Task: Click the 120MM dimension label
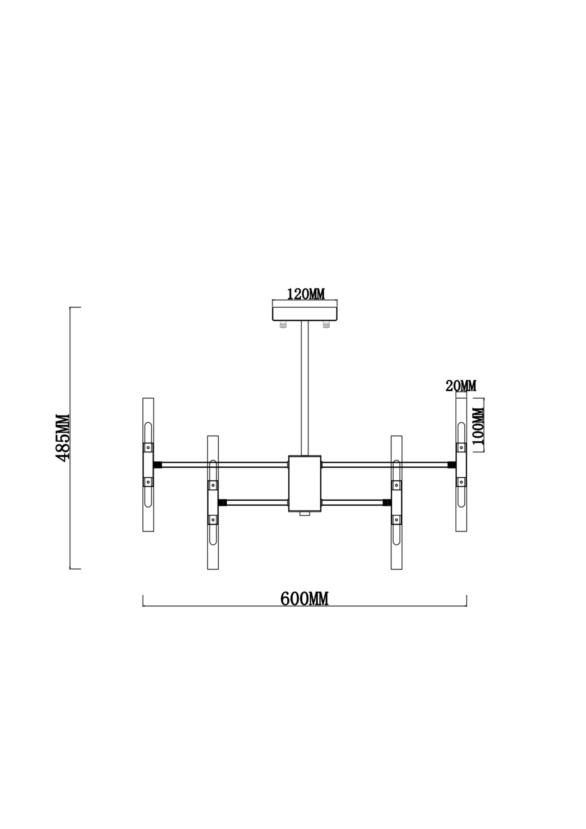click(x=306, y=294)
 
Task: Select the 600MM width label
click(x=304, y=599)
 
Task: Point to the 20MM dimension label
click(x=461, y=386)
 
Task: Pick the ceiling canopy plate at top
click(x=305, y=313)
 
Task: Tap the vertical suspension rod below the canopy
click(x=305, y=388)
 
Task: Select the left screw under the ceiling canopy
click(x=283, y=325)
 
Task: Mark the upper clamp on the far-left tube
click(x=148, y=448)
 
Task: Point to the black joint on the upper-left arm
click(x=157, y=465)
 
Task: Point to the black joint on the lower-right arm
click(x=387, y=503)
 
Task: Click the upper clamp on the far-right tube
click(x=461, y=448)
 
